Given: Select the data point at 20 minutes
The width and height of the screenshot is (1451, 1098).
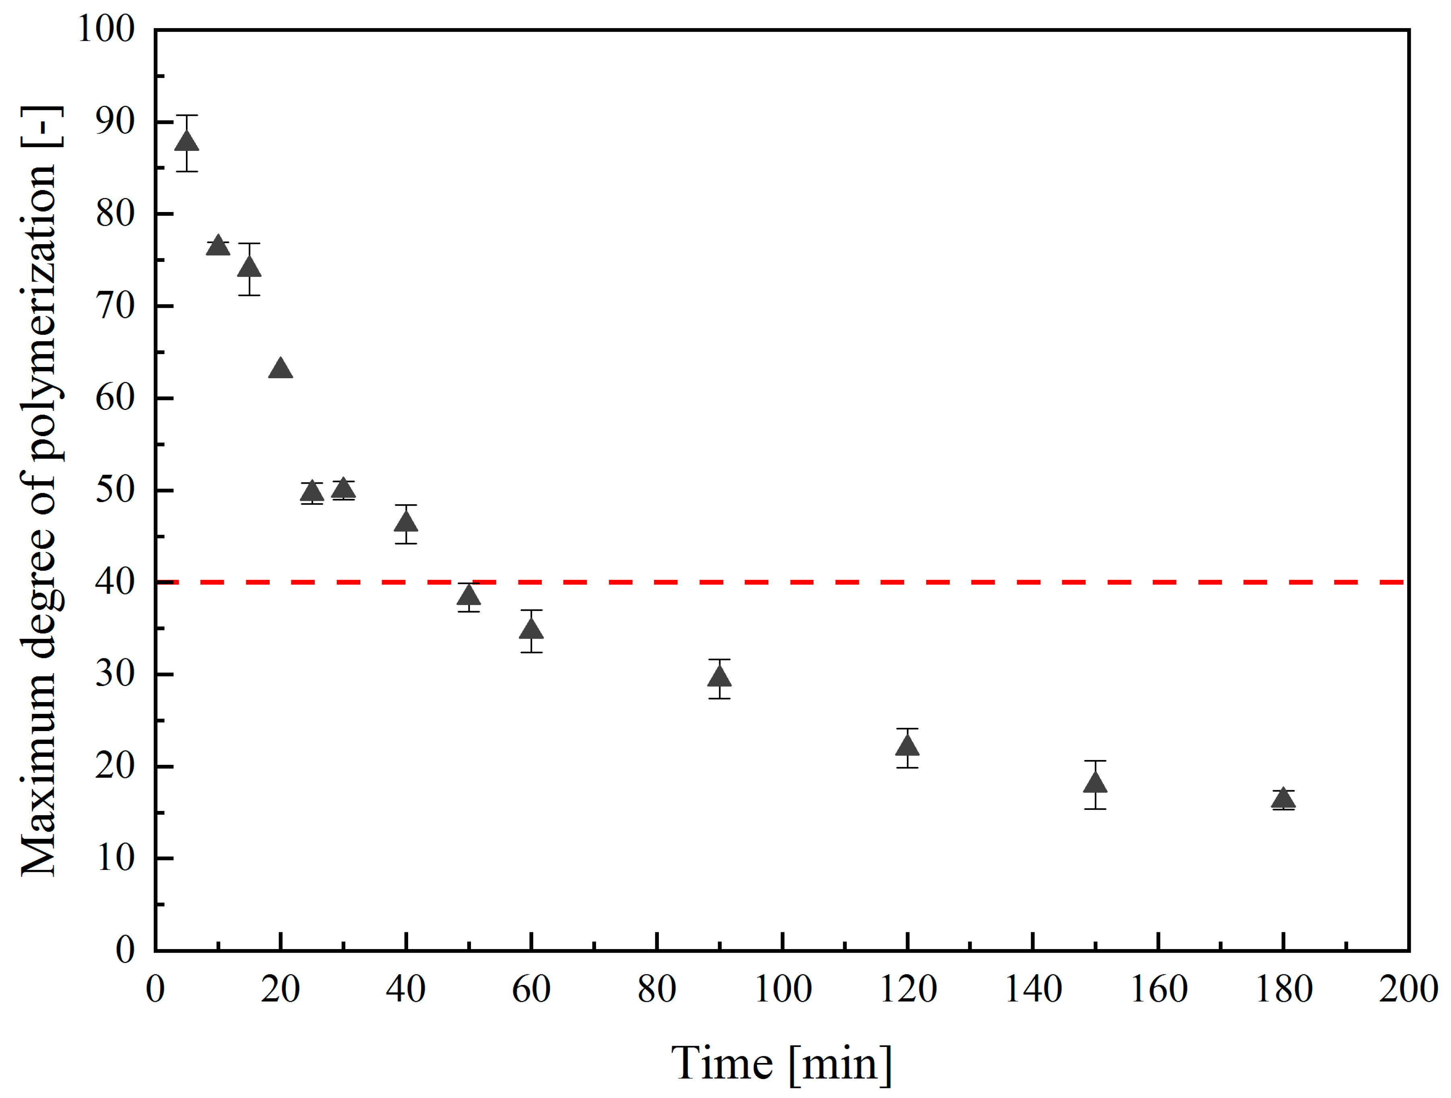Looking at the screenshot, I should point(281,369).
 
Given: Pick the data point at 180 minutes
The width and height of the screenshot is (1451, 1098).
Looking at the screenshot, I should point(1283,799).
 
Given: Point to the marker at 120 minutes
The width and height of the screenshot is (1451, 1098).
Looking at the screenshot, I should point(907,746).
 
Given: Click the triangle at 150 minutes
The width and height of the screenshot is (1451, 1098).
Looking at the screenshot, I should point(1096,783).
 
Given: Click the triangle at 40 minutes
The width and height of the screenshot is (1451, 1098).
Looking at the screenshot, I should point(406,523).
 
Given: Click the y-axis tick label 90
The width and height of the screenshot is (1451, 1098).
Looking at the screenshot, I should point(115,122).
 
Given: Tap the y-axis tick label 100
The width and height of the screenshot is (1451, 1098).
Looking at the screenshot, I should point(106,29).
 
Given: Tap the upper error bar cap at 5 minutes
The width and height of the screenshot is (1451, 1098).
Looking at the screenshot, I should point(187,115).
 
